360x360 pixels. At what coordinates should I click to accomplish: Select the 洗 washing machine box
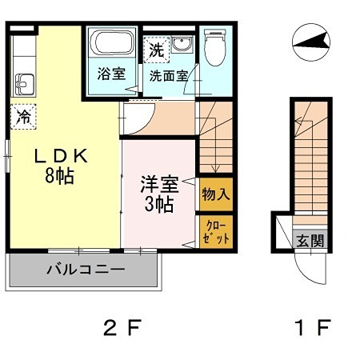(x=155, y=49)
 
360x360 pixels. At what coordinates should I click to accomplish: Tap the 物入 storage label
(x=216, y=194)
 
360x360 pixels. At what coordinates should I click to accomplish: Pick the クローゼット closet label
(x=216, y=232)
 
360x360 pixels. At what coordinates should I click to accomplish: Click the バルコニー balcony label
(x=85, y=270)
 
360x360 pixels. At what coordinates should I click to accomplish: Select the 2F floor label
(x=122, y=327)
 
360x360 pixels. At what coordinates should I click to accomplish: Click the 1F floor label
(x=312, y=327)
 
